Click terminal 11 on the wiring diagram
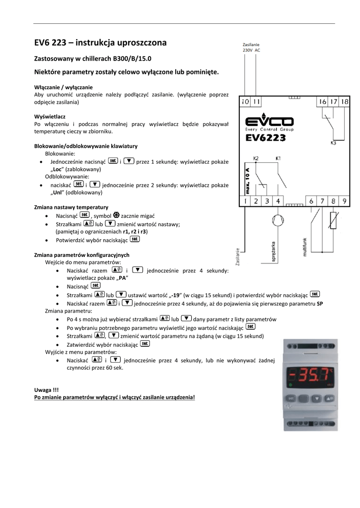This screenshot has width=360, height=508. tap(256, 102)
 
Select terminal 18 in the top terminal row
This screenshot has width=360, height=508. tap(344, 102)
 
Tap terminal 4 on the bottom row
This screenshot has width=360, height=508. tap(278, 201)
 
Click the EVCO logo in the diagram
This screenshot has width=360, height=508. tap(270, 122)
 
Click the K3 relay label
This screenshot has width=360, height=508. tap(333, 143)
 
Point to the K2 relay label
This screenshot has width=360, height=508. tap(256, 158)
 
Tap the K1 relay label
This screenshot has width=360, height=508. tap(278, 158)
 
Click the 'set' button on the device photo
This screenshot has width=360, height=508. tap(292, 397)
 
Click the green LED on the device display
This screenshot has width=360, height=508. tap(290, 385)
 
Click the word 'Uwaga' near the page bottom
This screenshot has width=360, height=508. tap(42, 390)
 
